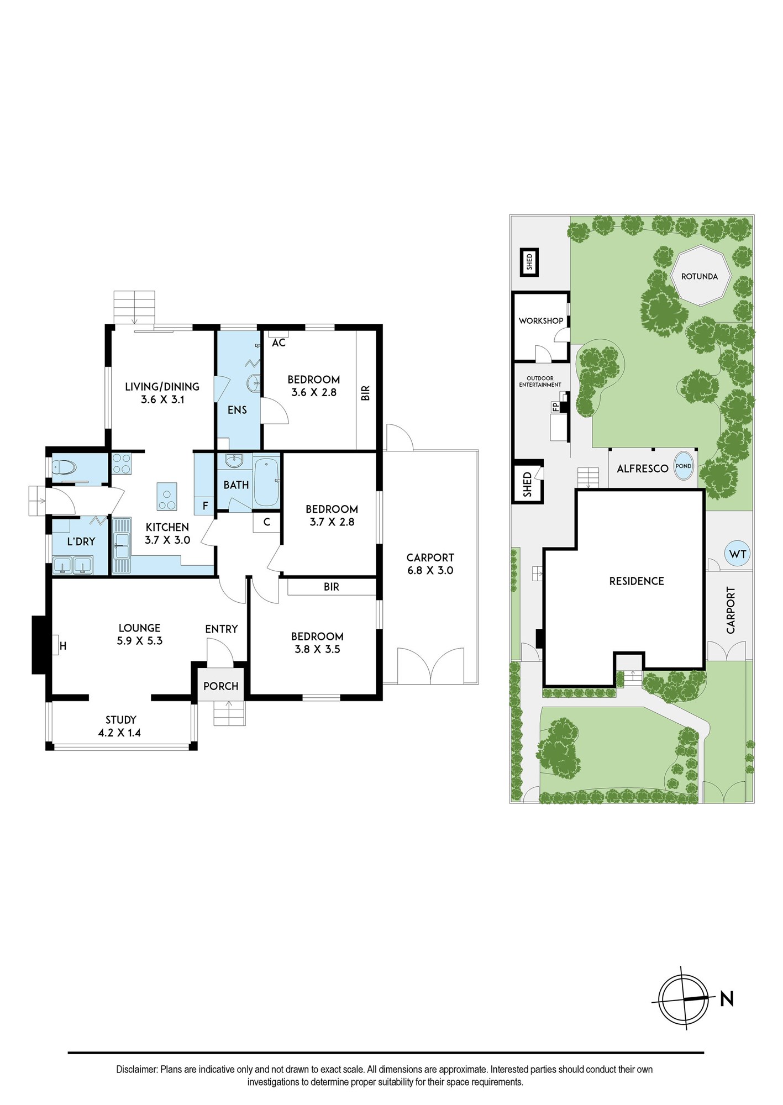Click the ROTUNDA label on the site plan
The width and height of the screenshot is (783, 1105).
[699, 276]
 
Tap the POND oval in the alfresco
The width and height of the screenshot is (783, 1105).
[684, 466]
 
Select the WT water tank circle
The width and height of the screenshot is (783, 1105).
[738, 554]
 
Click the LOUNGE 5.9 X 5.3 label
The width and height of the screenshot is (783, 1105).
[139, 634]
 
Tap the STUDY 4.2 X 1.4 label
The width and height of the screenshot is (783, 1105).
[120, 726]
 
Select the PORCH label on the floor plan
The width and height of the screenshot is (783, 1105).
[220, 686]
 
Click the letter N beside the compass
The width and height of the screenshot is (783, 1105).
[727, 998]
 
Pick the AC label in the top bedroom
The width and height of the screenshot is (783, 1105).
[278, 343]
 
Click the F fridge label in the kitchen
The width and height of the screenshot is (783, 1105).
[205, 506]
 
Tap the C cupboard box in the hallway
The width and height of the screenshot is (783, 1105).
[266, 522]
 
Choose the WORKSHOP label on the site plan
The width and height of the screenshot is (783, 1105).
[541, 320]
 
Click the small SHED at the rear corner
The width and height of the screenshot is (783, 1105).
[529, 262]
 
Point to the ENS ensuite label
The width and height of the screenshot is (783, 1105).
[237, 410]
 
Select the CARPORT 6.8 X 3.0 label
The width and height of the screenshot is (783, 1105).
[430, 564]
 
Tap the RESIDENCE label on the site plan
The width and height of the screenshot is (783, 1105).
[637, 581]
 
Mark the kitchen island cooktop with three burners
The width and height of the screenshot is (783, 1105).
[167, 496]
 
